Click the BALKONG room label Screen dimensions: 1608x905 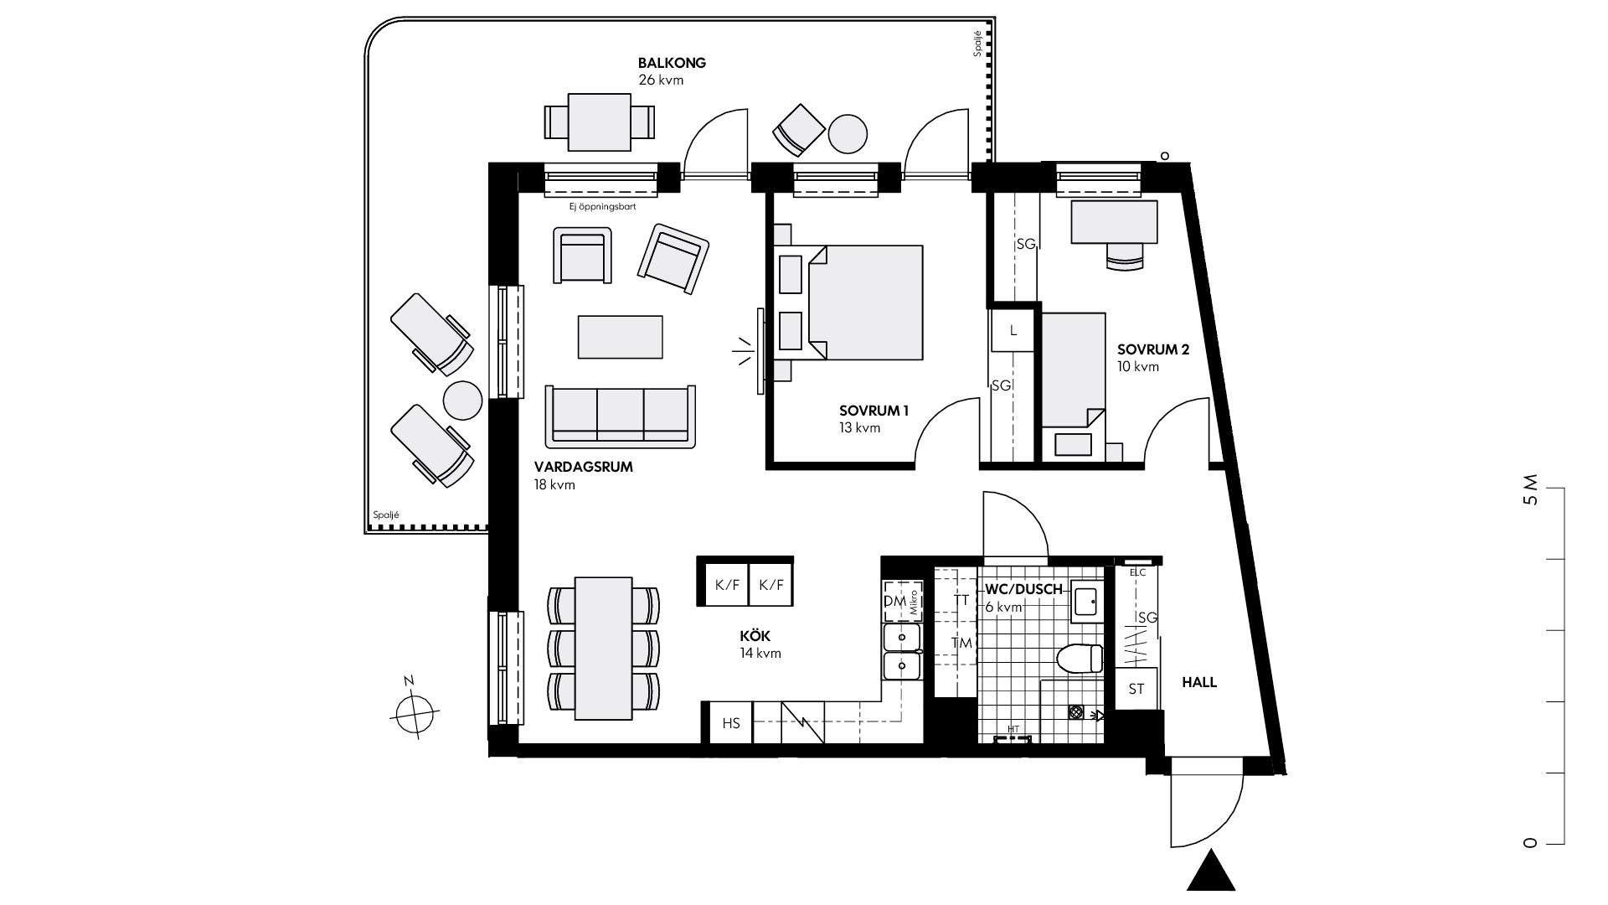[x=672, y=63]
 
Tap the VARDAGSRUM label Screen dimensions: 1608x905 [x=583, y=468]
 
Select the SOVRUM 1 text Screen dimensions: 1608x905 [x=874, y=411]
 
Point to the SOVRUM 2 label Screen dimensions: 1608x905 [x=1152, y=349]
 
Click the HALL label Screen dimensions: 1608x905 [x=1198, y=683]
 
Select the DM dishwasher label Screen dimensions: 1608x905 [x=894, y=602]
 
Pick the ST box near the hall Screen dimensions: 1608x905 [x=1136, y=689]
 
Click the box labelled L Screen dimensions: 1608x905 [x=1013, y=331]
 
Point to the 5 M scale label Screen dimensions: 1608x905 [x=1531, y=490]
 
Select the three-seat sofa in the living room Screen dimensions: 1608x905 [x=620, y=416]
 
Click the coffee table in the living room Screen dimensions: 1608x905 [x=620, y=336]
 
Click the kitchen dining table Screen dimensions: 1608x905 [x=603, y=648]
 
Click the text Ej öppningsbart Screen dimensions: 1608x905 [x=600, y=205]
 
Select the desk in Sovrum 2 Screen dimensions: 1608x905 [x=1115, y=222]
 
